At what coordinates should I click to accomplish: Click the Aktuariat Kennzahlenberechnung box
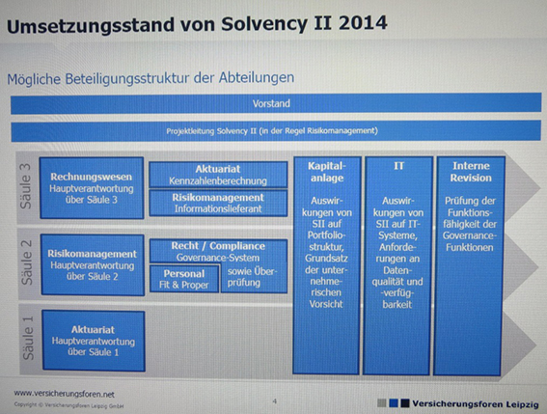click(x=217, y=174)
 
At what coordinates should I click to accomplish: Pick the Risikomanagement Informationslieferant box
click(x=217, y=201)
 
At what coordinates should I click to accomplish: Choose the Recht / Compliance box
click(x=217, y=250)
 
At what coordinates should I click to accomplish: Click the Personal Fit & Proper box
click(x=184, y=278)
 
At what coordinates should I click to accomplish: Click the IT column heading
click(x=397, y=166)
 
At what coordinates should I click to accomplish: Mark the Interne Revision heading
click(x=471, y=172)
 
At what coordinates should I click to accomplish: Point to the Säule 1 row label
click(x=26, y=338)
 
